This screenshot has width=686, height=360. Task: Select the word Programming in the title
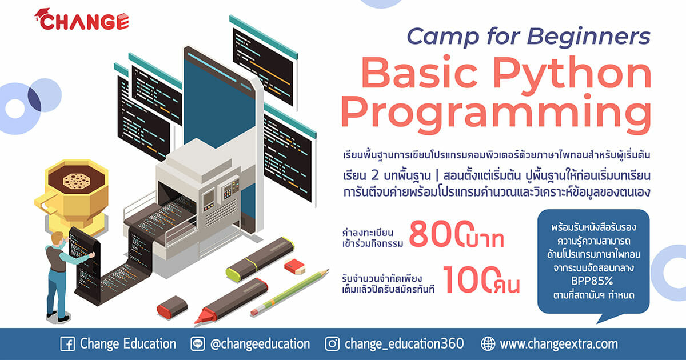[x=496, y=114]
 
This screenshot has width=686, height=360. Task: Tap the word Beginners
[x=588, y=37]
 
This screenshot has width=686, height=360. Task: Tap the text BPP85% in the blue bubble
[x=592, y=281]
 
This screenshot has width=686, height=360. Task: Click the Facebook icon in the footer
[x=67, y=344]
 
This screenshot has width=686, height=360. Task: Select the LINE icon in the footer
[x=198, y=344]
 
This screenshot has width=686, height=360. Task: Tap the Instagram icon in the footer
[x=332, y=344]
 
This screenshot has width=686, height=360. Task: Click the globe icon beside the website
[x=488, y=344]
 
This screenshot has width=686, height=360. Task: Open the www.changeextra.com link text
[x=559, y=344]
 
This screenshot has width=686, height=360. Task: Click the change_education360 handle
[x=404, y=344]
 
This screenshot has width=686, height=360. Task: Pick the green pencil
[x=290, y=293]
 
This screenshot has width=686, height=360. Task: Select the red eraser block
[x=294, y=266]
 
